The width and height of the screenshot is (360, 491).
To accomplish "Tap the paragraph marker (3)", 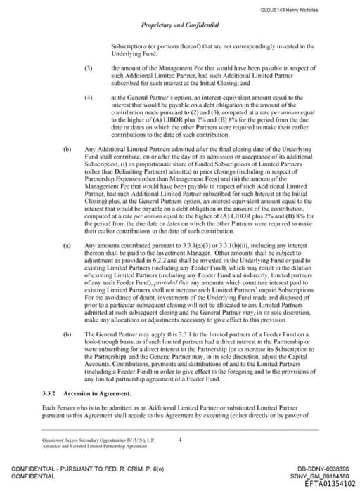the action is click(x=89, y=68).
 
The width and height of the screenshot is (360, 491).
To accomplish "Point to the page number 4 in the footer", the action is click(x=180, y=440).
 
